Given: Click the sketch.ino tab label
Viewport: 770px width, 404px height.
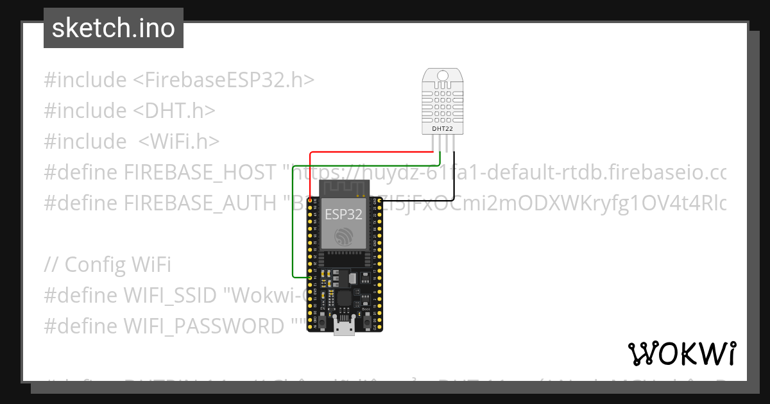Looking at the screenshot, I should coord(114,28).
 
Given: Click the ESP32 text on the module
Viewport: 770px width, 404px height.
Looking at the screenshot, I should coord(344,215).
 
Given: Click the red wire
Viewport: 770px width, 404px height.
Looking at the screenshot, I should coord(372,153).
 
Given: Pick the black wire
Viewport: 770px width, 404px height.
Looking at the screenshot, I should coord(454,180).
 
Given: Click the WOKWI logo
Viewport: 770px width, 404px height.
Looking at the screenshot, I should coord(681,353).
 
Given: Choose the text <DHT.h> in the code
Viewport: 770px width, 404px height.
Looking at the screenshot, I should coord(174,111).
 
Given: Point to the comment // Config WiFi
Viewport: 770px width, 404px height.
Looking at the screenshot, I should coord(108,264).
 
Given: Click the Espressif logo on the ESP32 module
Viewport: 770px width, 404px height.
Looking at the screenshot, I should coord(345,235).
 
